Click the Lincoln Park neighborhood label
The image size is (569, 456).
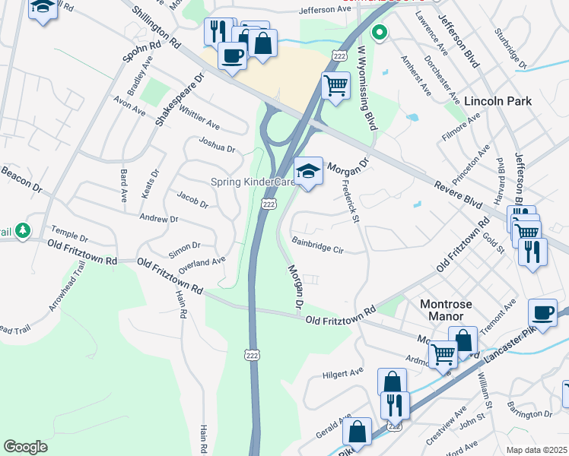497,101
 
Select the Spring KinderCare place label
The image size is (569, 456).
253,182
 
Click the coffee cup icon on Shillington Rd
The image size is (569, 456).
232,55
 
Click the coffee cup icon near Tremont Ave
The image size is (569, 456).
542,312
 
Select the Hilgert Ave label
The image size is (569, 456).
344,373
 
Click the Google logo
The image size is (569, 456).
25,446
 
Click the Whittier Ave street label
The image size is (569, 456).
201,120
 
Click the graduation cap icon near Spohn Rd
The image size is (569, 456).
43,8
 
